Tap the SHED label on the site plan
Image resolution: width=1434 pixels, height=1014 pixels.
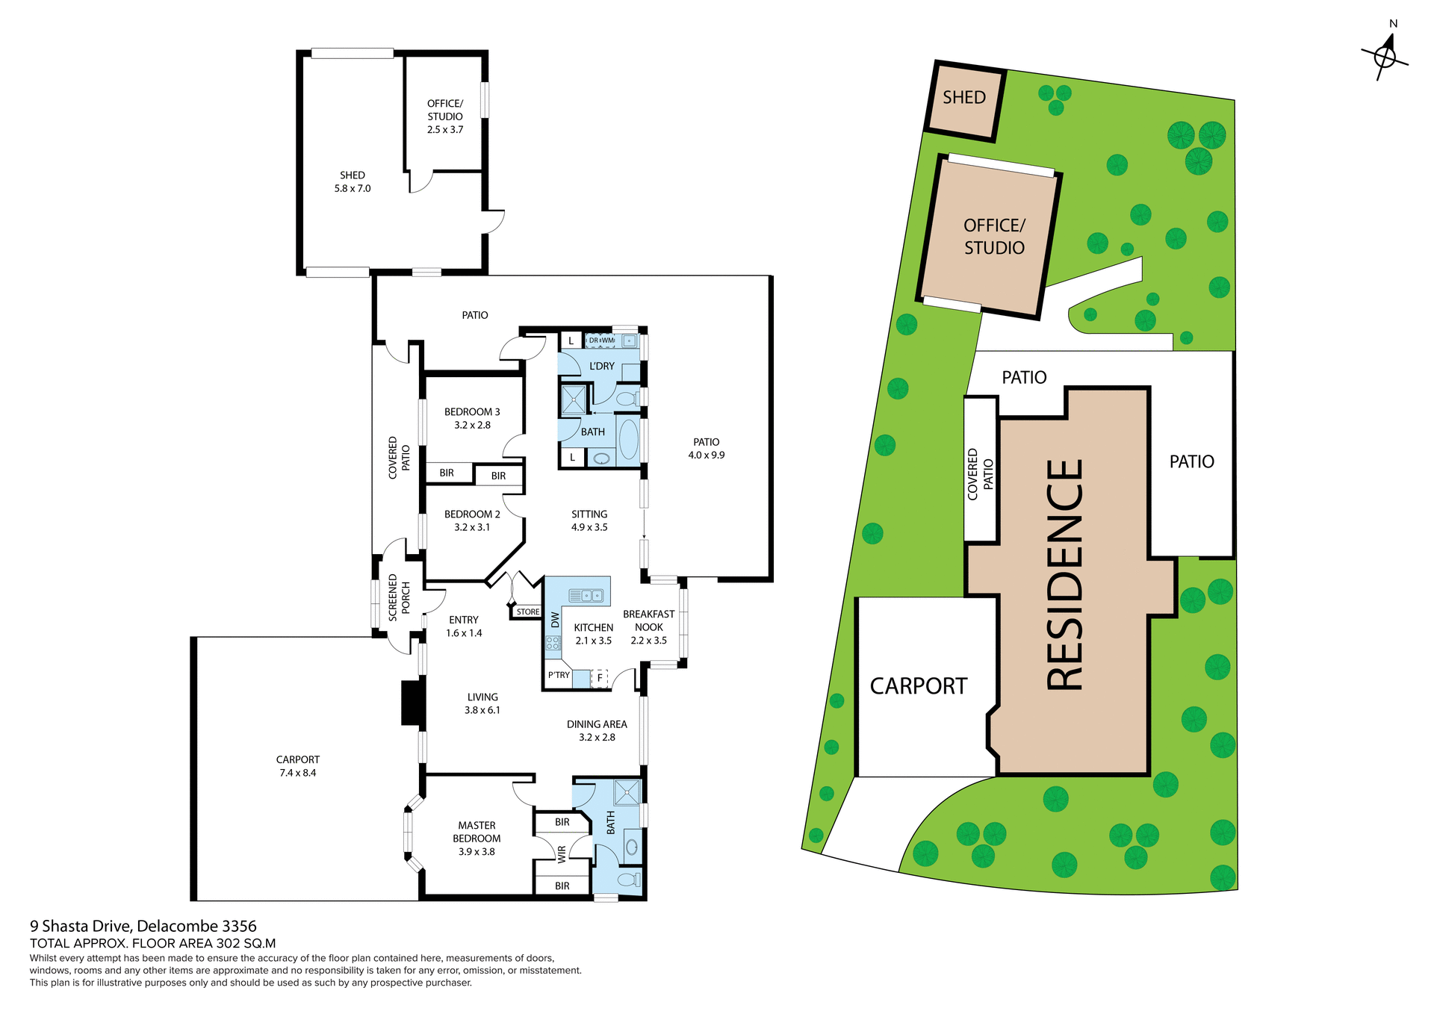(x=963, y=98)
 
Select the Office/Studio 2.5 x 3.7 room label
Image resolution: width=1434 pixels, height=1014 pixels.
(x=445, y=116)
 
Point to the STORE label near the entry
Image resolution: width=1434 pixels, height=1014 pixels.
(x=527, y=612)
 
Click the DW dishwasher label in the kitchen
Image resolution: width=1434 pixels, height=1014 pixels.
(x=555, y=620)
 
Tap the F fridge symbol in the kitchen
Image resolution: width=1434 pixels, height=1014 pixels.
(x=600, y=678)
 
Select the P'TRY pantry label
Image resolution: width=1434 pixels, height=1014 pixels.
(x=559, y=675)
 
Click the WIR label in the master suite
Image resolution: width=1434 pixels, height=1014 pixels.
(x=562, y=854)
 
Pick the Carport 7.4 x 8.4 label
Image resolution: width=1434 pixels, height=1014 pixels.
(x=298, y=766)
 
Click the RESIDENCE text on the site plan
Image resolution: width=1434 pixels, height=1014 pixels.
(x=1064, y=575)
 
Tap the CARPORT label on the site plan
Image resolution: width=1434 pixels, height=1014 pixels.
(x=918, y=686)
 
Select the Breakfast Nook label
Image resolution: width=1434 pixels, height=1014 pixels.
(x=648, y=626)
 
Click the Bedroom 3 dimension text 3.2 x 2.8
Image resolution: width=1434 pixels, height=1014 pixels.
(x=472, y=425)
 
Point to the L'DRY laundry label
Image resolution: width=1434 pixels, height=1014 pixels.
(x=601, y=366)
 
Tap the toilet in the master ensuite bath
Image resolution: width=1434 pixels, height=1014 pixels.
(x=629, y=880)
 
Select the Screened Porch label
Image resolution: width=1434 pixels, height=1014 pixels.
(x=399, y=597)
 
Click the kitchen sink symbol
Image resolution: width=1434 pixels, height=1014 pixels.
(x=586, y=595)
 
